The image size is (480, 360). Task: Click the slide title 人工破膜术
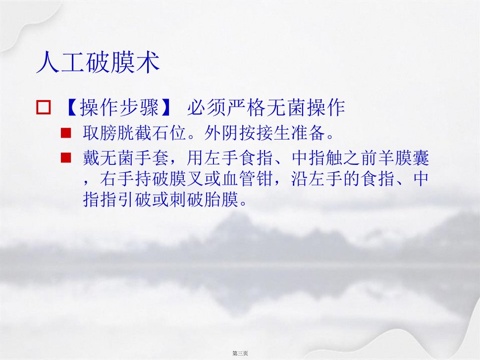coord(98,62)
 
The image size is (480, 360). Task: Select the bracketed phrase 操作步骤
coord(119,107)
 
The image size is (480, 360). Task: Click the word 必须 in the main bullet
coord(207,107)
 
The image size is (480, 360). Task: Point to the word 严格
coord(246,107)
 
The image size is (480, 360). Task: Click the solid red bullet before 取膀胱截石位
coord(66,133)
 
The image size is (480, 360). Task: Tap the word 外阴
coord(221,133)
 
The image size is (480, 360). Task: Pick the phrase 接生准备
coord(290,133)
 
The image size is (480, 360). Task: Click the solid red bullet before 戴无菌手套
coord(66,157)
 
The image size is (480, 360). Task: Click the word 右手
coord(117,179)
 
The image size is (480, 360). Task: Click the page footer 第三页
coord(240,353)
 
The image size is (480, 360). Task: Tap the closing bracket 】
coord(166,107)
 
